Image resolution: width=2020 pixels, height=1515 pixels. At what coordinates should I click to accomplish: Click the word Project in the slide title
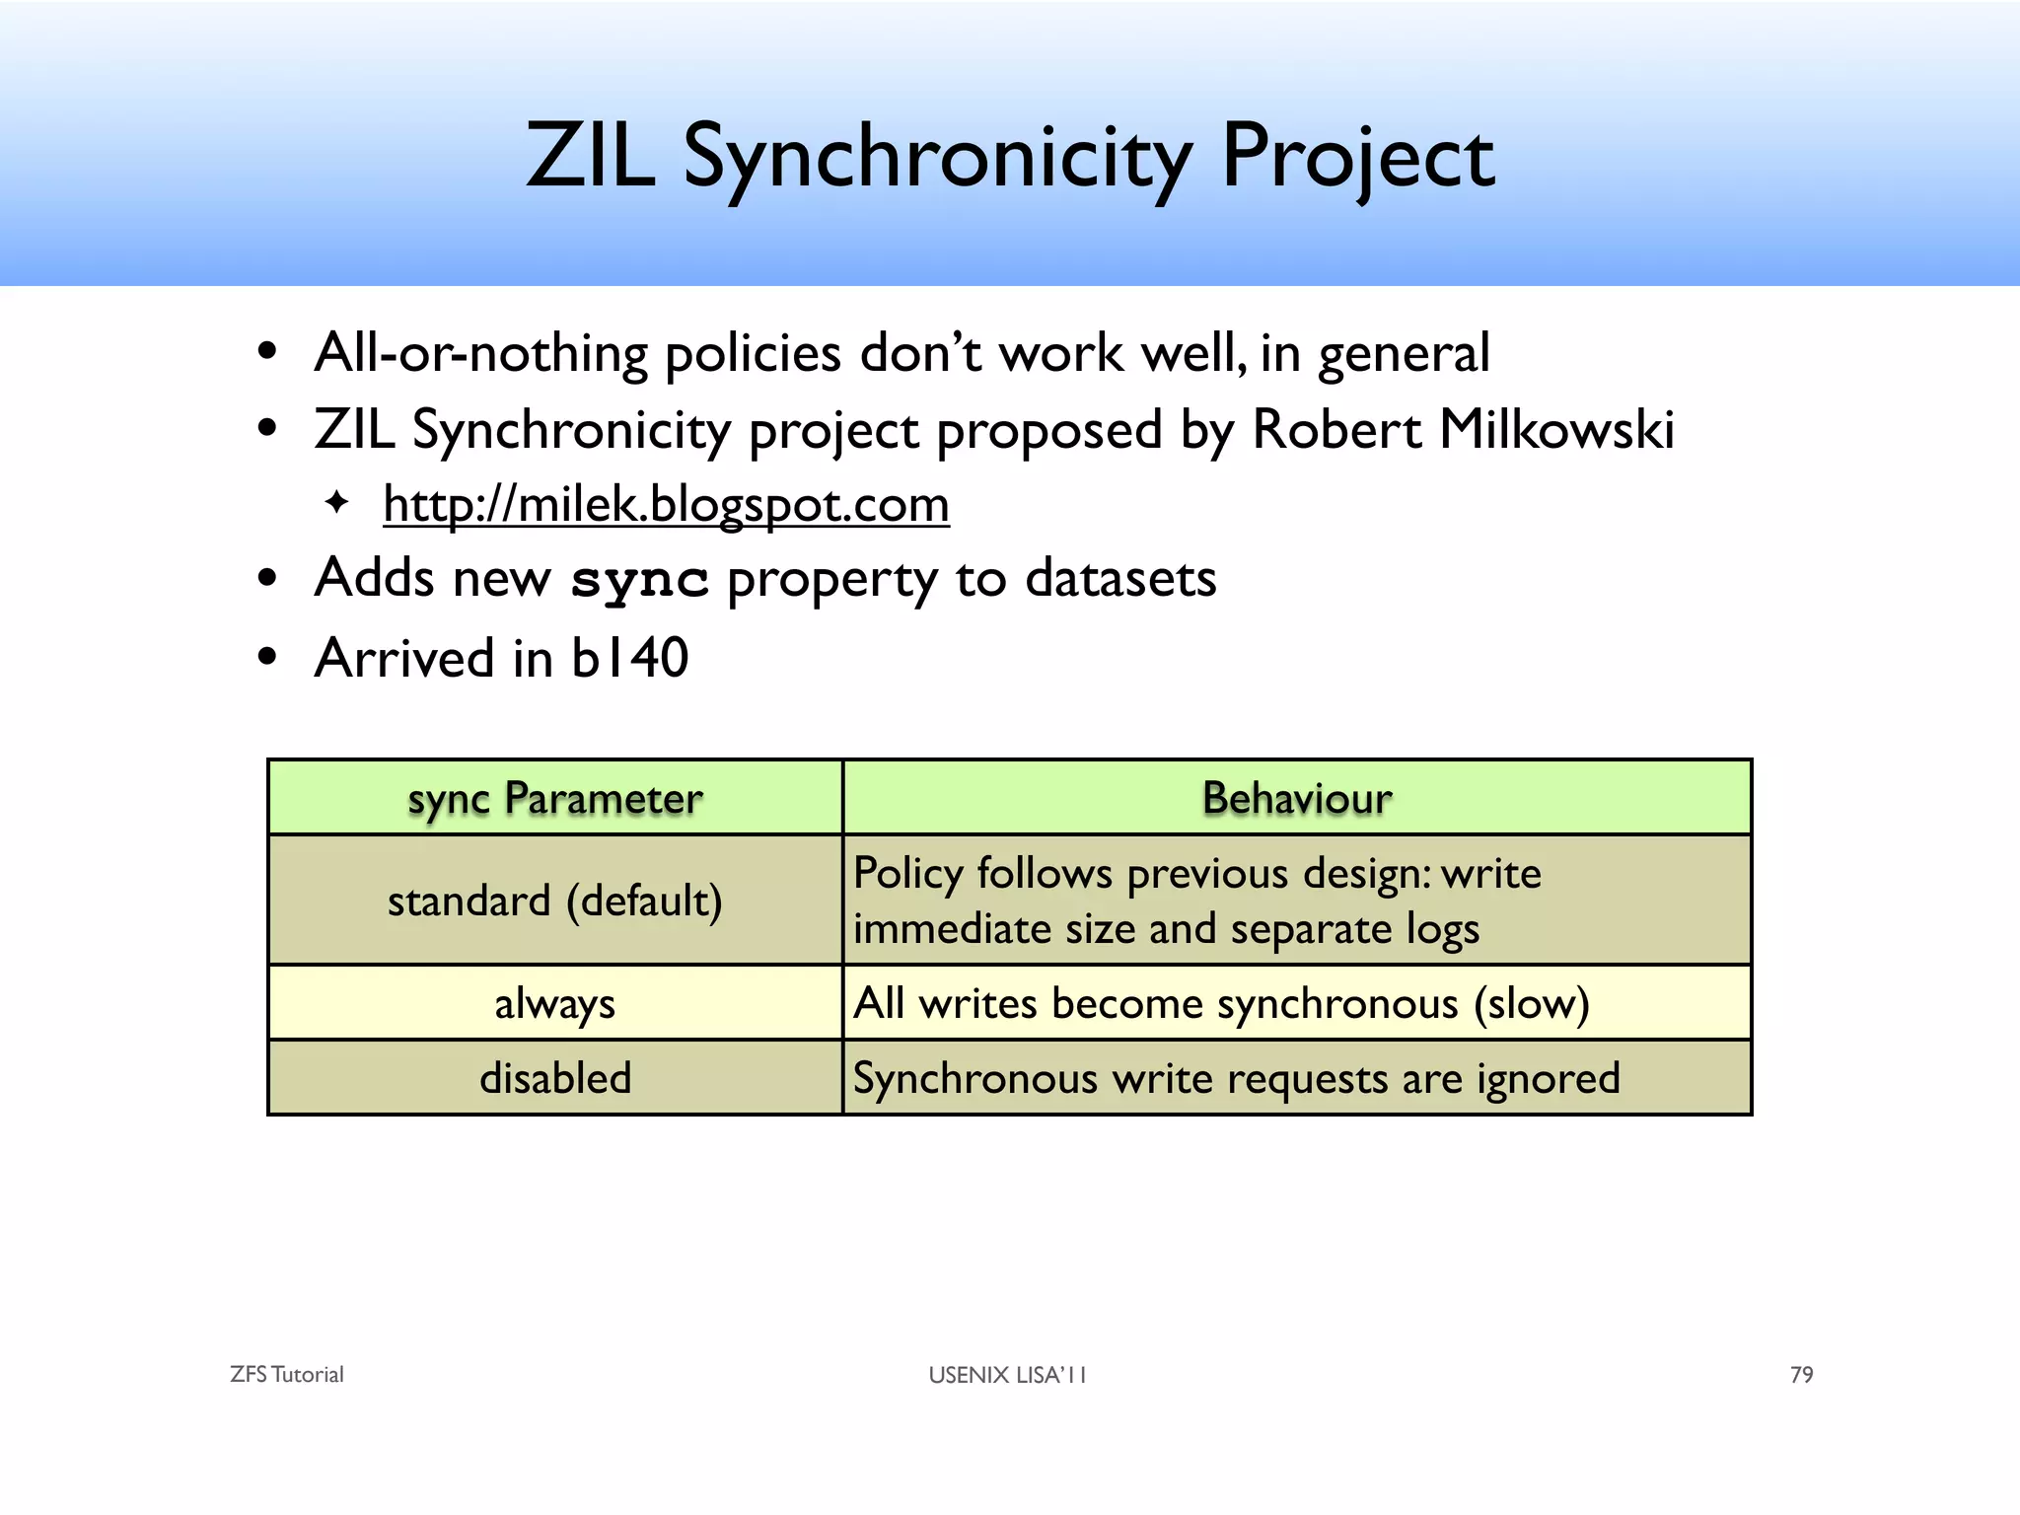pos(1358,158)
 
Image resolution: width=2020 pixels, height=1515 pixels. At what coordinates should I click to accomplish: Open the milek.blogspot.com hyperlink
pos(666,505)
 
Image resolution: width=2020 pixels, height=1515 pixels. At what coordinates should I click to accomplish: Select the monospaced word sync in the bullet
pos(639,580)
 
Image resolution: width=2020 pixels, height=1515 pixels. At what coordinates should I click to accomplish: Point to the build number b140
pos(629,658)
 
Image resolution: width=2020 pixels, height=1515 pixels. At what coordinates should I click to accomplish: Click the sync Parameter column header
pos(555,798)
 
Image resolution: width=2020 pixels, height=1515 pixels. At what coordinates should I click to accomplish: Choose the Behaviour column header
pos(1297,798)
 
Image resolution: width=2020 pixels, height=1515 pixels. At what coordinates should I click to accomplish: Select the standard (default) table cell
pos(555,901)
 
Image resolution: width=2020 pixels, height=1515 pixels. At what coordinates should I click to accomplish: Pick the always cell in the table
pos(555,1004)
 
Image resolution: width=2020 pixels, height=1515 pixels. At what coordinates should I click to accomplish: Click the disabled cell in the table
pos(555,1078)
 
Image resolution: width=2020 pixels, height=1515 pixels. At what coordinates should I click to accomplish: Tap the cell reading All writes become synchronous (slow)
pos(1221,1004)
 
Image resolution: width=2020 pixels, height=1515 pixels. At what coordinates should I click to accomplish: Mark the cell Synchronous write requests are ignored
pos(1236,1078)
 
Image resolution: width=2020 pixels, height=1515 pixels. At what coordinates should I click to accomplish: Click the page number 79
pos(1801,1375)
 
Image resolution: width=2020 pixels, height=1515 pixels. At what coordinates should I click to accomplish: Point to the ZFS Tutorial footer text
pos(287,1375)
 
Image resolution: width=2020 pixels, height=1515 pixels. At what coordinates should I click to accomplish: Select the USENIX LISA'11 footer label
pos(1007,1375)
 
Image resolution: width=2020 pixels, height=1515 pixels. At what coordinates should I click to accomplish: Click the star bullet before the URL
pos(336,503)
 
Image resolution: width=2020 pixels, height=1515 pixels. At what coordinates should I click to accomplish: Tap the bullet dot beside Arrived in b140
pos(266,658)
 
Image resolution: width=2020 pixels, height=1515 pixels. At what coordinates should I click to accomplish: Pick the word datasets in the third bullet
pos(1120,578)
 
